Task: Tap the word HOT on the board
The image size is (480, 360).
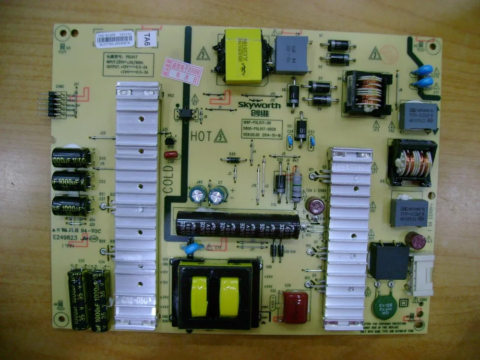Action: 200,136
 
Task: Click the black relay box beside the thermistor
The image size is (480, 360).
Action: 388,261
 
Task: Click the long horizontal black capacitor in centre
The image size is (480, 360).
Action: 238,223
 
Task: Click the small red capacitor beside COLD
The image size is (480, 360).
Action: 170,155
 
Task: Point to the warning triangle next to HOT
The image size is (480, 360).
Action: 220,136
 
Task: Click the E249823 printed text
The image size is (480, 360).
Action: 68,238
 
